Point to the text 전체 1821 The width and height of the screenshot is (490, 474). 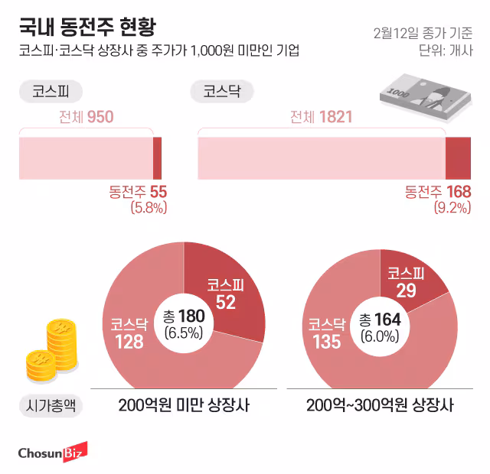tap(321, 117)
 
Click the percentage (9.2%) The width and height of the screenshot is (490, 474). tap(452, 207)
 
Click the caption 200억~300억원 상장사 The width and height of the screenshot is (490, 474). tap(380, 405)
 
